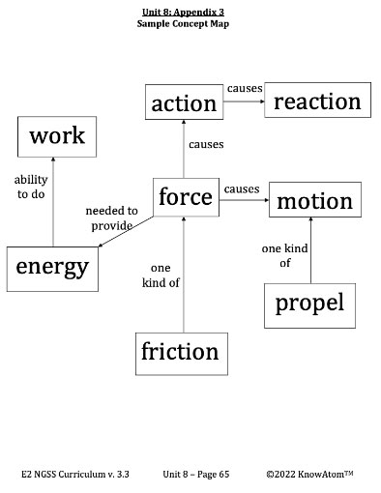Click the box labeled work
(x=56, y=134)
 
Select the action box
(x=185, y=101)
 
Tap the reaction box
(x=317, y=101)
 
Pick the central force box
(x=185, y=197)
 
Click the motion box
(x=314, y=201)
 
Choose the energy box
(x=51, y=266)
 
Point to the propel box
(x=309, y=304)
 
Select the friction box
(x=180, y=352)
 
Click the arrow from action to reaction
(x=245, y=102)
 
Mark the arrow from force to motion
(x=243, y=201)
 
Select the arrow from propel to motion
(x=309, y=252)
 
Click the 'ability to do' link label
(x=30, y=187)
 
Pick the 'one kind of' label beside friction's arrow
(x=161, y=275)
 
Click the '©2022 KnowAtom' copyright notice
(x=309, y=475)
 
